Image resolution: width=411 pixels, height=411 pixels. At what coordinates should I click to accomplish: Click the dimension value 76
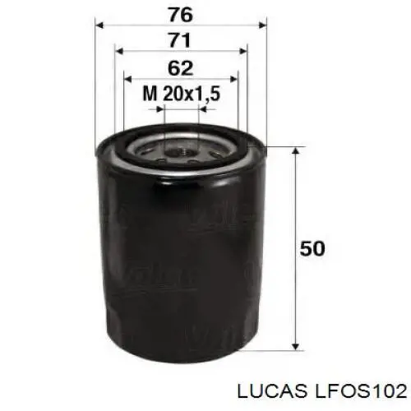pyautogui.click(x=181, y=15)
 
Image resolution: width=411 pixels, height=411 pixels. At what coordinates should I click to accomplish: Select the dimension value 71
pyautogui.click(x=179, y=40)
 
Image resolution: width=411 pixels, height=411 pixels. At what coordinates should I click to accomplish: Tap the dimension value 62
pyautogui.click(x=180, y=68)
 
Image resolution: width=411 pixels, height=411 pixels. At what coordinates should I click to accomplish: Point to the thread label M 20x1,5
pyautogui.click(x=182, y=94)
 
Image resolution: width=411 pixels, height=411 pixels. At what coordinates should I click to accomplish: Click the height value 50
pyautogui.click(x=312, y=248)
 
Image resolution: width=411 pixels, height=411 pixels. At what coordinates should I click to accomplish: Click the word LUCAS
pyautogui.click(x=272, y=391)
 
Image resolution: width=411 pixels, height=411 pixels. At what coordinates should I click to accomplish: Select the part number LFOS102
pyautogui.click(x=361, y=391)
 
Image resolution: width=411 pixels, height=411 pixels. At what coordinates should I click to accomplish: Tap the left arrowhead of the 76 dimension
pyautogui.click(x=99, y=25)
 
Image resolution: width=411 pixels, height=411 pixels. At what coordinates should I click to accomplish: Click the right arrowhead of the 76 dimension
pyautogui.click(x=262, y=25)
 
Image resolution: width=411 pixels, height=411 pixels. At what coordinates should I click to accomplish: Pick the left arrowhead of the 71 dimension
pyautogui.click(x=119, y=51)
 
